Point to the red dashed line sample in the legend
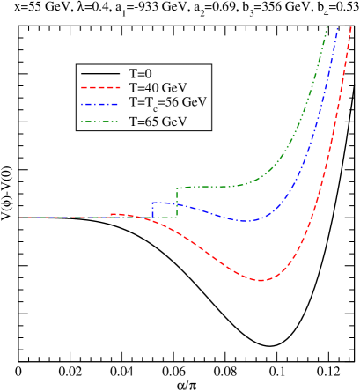pos(99,88)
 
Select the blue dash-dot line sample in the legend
pos(99,103)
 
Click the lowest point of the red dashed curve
pos(261,280)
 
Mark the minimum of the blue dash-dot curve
pos(246,220)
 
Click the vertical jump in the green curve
pos(177,202)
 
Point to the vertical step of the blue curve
pos(151,210)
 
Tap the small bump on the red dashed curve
pos(114,214)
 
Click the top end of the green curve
pos(327,28)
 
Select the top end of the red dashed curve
pos(350,28)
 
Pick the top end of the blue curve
pos(339,28)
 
